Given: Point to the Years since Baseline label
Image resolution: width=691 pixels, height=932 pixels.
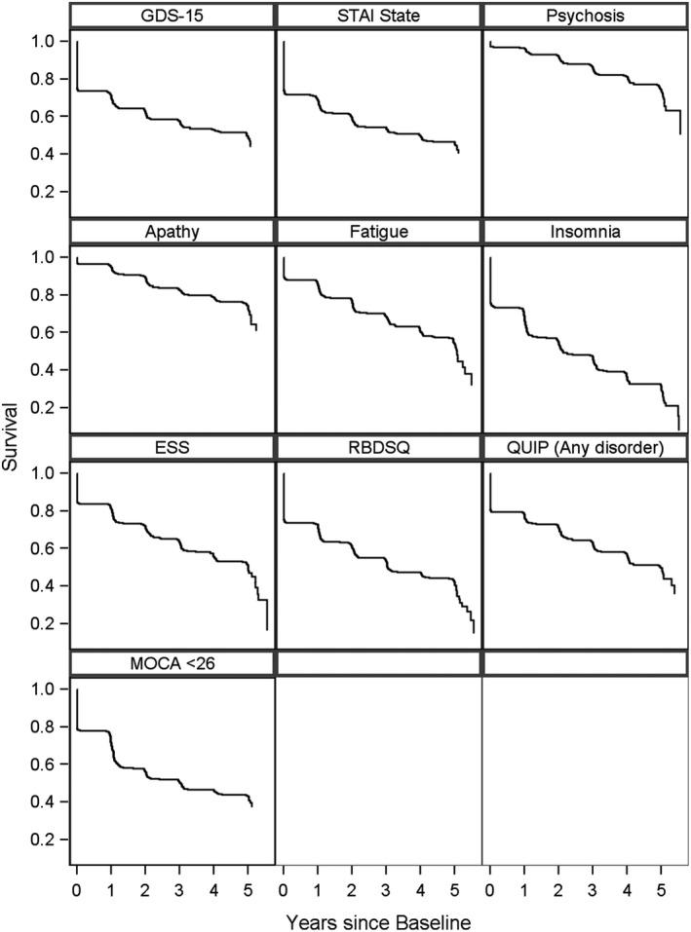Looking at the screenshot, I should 379,918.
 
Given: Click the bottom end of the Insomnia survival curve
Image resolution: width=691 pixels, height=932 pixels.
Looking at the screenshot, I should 678,429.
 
